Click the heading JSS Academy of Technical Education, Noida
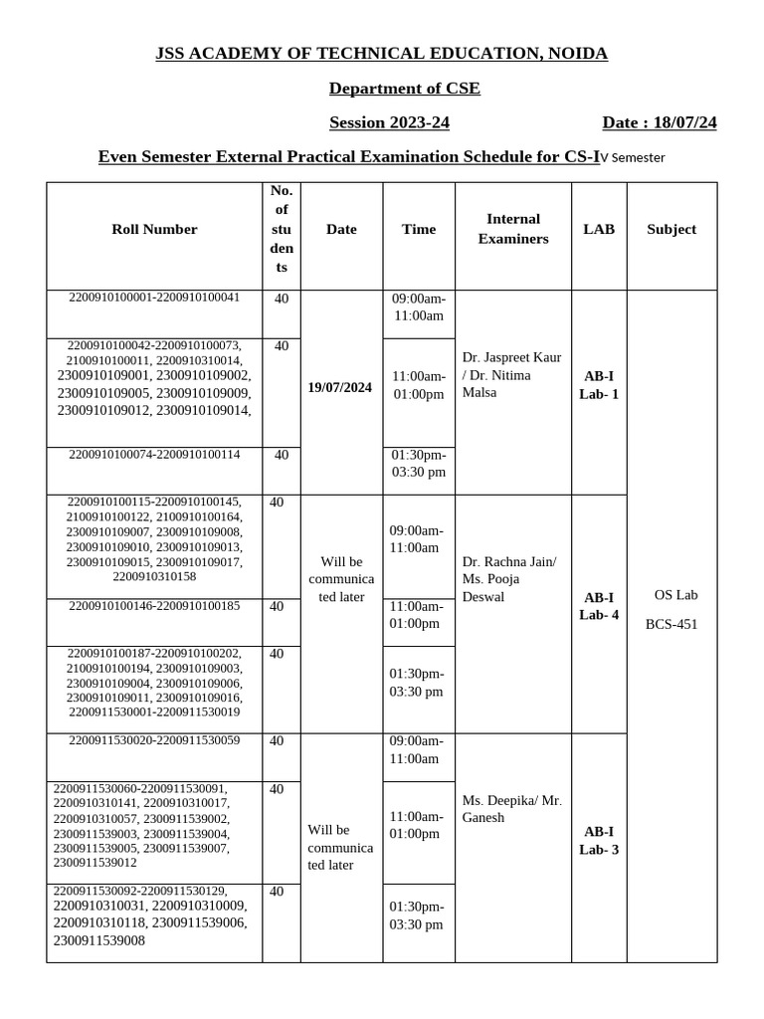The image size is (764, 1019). [381, 53]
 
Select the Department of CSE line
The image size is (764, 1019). [404, 89]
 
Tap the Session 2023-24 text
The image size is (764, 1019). [382, 122]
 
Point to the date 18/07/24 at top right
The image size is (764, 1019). [659, 122]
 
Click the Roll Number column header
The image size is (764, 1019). [154, 229]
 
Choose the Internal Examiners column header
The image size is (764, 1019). [512, 229]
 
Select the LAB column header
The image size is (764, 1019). [599, 229]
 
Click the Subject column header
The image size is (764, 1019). [671, 229]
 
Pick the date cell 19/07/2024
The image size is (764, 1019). [340, 387]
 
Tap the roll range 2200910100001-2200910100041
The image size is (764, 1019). [154, 298]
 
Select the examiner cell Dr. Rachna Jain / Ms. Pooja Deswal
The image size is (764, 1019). [509, 579]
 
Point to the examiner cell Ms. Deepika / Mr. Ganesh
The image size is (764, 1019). [511, 808]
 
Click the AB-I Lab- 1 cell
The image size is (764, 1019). [599, 385]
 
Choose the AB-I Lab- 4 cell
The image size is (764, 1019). [599, 606]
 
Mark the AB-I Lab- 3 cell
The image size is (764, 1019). [599, 841]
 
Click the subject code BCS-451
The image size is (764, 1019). [671, 624]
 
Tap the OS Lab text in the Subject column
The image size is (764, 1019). [675, 595]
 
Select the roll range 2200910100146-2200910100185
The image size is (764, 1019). [154, 606]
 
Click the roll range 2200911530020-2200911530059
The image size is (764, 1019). [154, 740]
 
